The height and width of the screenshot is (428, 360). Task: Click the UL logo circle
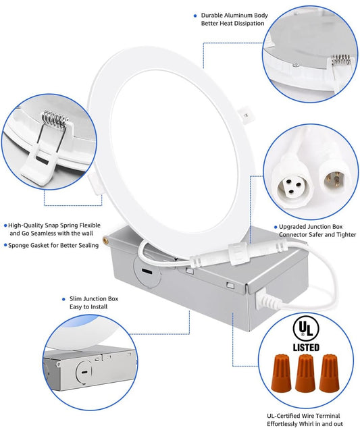(x=306, y=329)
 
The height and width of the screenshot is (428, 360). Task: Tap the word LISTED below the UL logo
(x=306, y=348)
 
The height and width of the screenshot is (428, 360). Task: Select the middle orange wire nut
(x=305, y=373)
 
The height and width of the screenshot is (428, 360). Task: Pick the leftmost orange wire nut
(x=281, y=373)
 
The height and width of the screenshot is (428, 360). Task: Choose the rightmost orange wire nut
(x=330, y=373)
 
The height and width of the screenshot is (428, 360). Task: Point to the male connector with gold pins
(x=334, y=180)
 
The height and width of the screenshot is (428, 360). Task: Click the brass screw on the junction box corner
(x=105, y=240)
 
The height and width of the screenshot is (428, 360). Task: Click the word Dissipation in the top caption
(x=249, y=24)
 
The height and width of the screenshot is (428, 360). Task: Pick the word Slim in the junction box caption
(x=76, y=298)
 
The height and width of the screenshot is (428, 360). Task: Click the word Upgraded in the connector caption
(x=291, y=227)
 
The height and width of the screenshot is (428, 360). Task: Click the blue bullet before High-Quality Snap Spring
(x=5, y=225)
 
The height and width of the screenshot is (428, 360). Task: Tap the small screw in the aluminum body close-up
(x=296, y=65)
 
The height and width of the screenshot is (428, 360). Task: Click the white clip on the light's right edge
(x=246, y=115)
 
